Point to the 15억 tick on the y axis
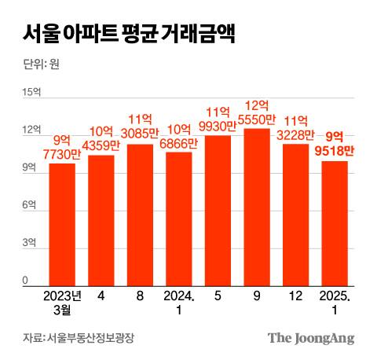click(x=31, y=94)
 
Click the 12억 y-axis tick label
click(x=31, y=130)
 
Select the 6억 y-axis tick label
click(x=28, y=205)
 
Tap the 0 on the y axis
click(x=25, y=281)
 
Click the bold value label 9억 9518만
click(x=335, y=142)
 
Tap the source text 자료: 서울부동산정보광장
click(x=79, y=339)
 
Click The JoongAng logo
click(x=311, y=338)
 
